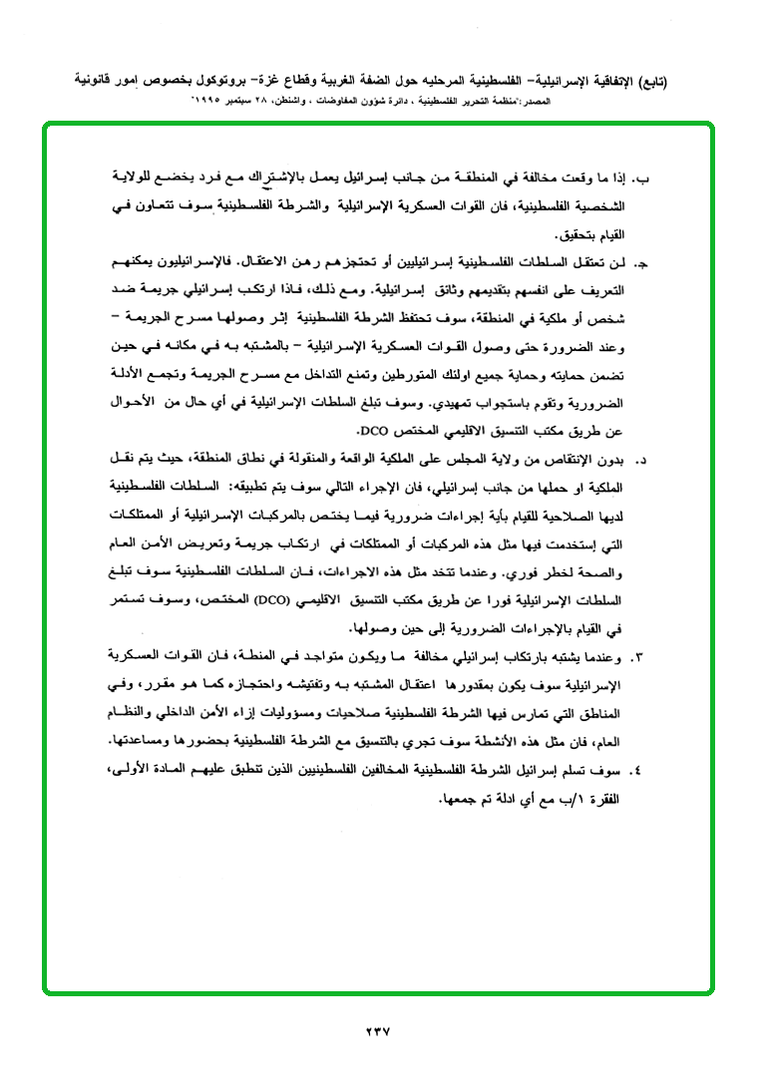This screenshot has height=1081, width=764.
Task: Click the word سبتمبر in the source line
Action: click(239, 102)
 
